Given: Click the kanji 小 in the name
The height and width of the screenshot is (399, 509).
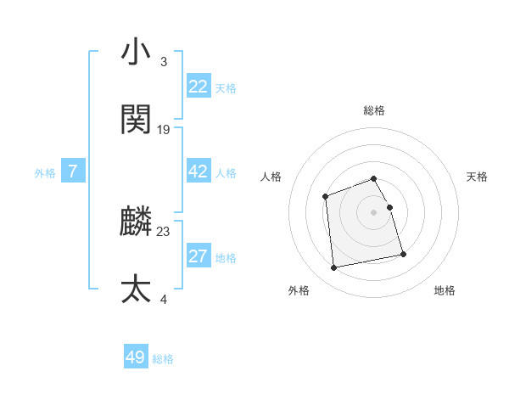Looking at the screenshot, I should pyautogui.click(x=137, y=53).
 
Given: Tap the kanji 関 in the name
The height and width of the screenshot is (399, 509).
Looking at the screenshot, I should pyautogui.click(x=137, y=120).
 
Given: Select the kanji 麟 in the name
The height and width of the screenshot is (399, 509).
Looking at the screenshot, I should pyautogui.click(x=137, y=222).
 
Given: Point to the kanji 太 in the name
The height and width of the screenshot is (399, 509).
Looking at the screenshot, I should pyautogui.click(x=137, y=289).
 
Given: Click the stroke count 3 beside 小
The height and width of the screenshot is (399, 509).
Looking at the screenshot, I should pyautogui.click(x=164, y=62).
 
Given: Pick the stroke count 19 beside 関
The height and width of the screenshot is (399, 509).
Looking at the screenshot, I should pyautogui.click(x=164, y=130).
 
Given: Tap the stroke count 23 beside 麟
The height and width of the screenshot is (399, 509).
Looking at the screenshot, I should pyautogui.click(x=164, y=231).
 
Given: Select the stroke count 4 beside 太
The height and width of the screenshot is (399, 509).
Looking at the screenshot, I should pyautogui.click(x=164, y=299).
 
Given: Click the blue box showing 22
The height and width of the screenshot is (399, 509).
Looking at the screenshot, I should pyautogui.click(x=199, y=87).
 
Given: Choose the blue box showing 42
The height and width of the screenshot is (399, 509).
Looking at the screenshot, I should pyautogui.click(x=199, y=171).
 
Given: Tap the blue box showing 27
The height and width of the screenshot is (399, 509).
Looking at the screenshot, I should pyautogui.click(x=199, y=256).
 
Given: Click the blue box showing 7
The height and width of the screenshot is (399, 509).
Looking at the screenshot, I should pyautogui.click(x=73, y=171).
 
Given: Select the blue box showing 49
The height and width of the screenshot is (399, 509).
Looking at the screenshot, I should pyautogui.click(x=136, y=357).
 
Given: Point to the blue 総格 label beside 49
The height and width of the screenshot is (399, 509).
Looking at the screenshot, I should pyautogui.click(x=163, y=359).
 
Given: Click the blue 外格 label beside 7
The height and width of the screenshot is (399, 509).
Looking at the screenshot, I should pyautogui.click(x=45, y=173).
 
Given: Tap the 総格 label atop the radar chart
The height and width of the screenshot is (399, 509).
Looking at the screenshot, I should pyautogui.click(x=374, y=110).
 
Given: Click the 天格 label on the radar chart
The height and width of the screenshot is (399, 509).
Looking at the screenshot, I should pyautogui.click(x=478, y=177).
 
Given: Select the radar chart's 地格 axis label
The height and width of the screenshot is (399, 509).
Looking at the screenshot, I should pyautogui.click(x=445, y=290).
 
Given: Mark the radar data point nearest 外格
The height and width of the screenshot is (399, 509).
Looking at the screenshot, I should pyautogui.click(x=334, y=268).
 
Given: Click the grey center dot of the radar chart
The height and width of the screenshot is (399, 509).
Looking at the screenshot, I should pyautogui.click(x=374, y=212).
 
